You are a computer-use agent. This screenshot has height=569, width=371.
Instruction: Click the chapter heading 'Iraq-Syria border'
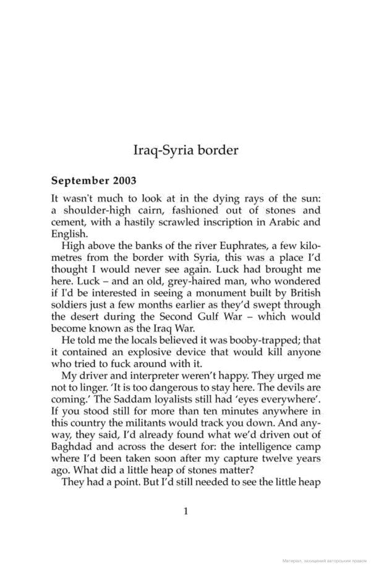[185, 150]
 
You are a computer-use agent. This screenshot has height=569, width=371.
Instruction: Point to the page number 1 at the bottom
[185, 511]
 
